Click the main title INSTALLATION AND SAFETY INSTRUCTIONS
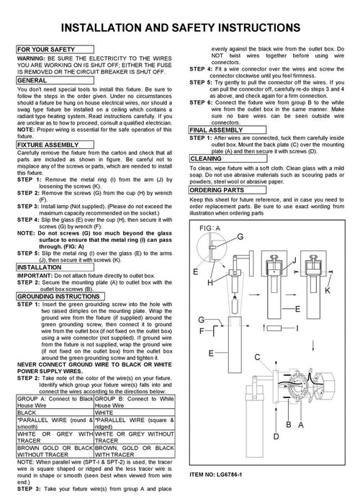(181, 27)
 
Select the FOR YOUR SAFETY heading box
(55, 50)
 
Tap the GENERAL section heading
(55, 81)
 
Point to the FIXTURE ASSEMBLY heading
(55, 145)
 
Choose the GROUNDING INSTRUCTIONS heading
(60, 297)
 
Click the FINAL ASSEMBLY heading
(228, 130)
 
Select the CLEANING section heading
(228, 158)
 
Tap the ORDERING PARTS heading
(228, 190)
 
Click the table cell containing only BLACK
(55, 413)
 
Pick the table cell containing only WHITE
(135, 413)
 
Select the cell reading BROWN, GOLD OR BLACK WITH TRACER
(135, 451)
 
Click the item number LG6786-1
(230, 474)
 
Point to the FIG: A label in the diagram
(210, 228)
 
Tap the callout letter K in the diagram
(328, 291)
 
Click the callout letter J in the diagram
(294, 261)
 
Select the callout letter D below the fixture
(276, 436)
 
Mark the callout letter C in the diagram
(257, 357)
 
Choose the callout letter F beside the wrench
(202, 330)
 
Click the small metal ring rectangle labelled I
(274, 328)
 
